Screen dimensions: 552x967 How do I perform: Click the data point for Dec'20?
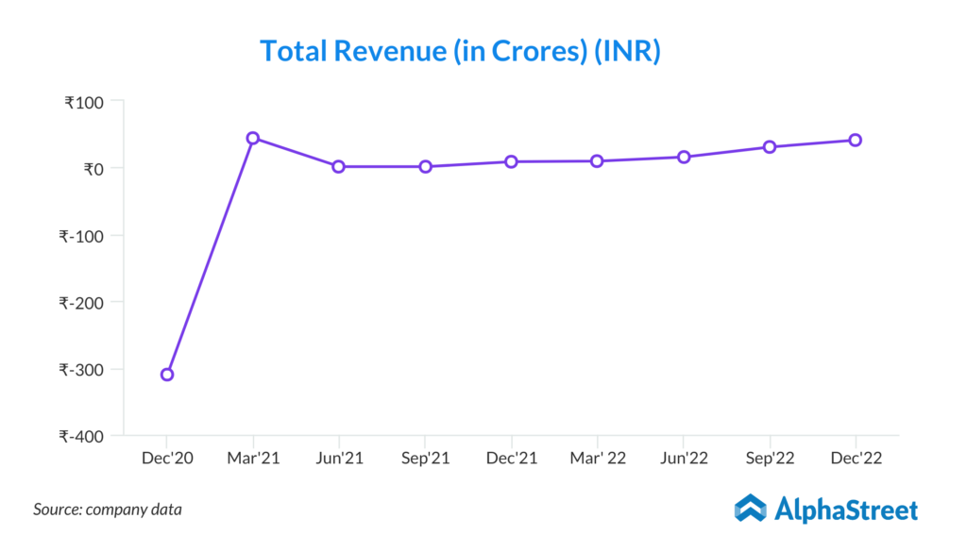tap(167, 375)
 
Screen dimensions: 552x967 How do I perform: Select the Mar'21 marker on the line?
tap(253, 138)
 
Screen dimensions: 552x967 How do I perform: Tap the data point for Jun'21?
tap(338, 166)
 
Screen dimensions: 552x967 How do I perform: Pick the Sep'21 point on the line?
tap(425, 166)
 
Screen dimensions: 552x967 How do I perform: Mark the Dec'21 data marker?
tap(511, 161)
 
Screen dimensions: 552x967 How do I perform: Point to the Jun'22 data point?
tap(683, 157)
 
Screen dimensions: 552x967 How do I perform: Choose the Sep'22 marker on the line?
tap(770, 146)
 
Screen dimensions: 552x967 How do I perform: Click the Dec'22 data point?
tap(855, 140)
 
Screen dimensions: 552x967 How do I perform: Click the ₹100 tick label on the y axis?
tap(86, 102)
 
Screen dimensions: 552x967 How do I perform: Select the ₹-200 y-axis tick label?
tap(83, 303)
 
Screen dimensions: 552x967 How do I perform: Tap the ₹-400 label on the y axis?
tap(83, 437)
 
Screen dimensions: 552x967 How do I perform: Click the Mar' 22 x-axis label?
tap(597, 459)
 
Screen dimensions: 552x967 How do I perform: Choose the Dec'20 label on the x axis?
tap(167, 459)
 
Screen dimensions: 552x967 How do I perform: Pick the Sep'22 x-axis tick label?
tap(770, 459)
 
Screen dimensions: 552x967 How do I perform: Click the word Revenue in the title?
tap(389, 51)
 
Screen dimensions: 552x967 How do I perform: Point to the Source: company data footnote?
tap(108, 510)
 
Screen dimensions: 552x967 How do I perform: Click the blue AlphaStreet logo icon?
tap(751, 509)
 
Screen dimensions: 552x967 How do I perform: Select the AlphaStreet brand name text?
tap(846, 510)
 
